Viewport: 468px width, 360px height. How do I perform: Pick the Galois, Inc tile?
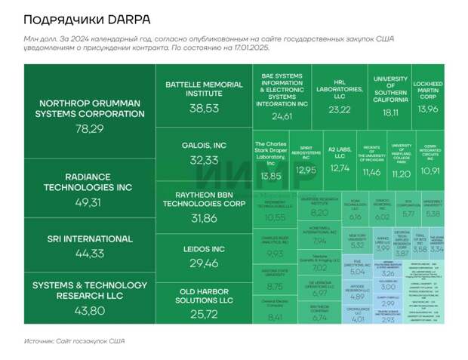[x=204, y=152]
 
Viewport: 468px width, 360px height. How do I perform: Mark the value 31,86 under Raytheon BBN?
[x=204, y=218]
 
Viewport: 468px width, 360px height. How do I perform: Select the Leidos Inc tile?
[x=204, y=254]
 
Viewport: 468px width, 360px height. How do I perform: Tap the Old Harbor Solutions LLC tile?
[x=204, y=300]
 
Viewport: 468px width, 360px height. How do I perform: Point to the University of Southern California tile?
[x=390, y=94]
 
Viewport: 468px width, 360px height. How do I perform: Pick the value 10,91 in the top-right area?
[x=430, y=171]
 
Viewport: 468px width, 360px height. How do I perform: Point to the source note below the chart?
[x=75, y=340]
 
